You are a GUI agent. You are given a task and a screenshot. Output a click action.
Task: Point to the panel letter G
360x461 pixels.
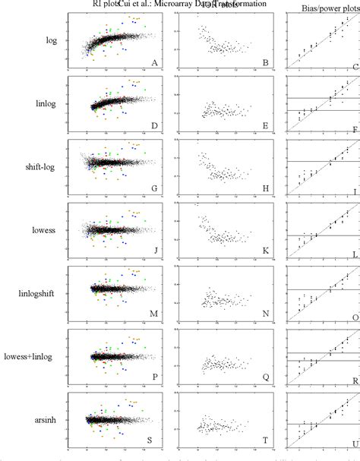tap(155, 191)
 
